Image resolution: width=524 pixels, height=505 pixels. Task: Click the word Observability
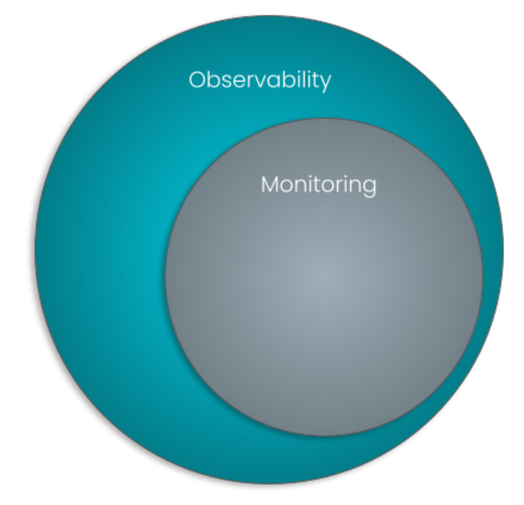click(x=260, y=80)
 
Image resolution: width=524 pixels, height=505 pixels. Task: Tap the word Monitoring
click(x=318, y=185)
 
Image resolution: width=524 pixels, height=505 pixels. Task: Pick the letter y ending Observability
click(x=326, y=83)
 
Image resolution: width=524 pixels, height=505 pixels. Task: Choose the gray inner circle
click(x=324, y=318)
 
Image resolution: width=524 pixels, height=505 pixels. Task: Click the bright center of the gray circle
click(x=322, y=277)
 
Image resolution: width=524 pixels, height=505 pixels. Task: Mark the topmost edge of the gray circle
click(x=324, y=119)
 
